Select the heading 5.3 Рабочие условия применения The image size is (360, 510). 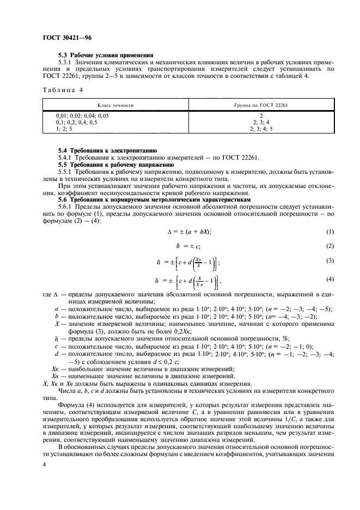tap(106, 55)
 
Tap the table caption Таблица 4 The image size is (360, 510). tap(63, 89)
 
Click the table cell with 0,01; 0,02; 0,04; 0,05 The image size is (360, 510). tap(82, 116)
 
